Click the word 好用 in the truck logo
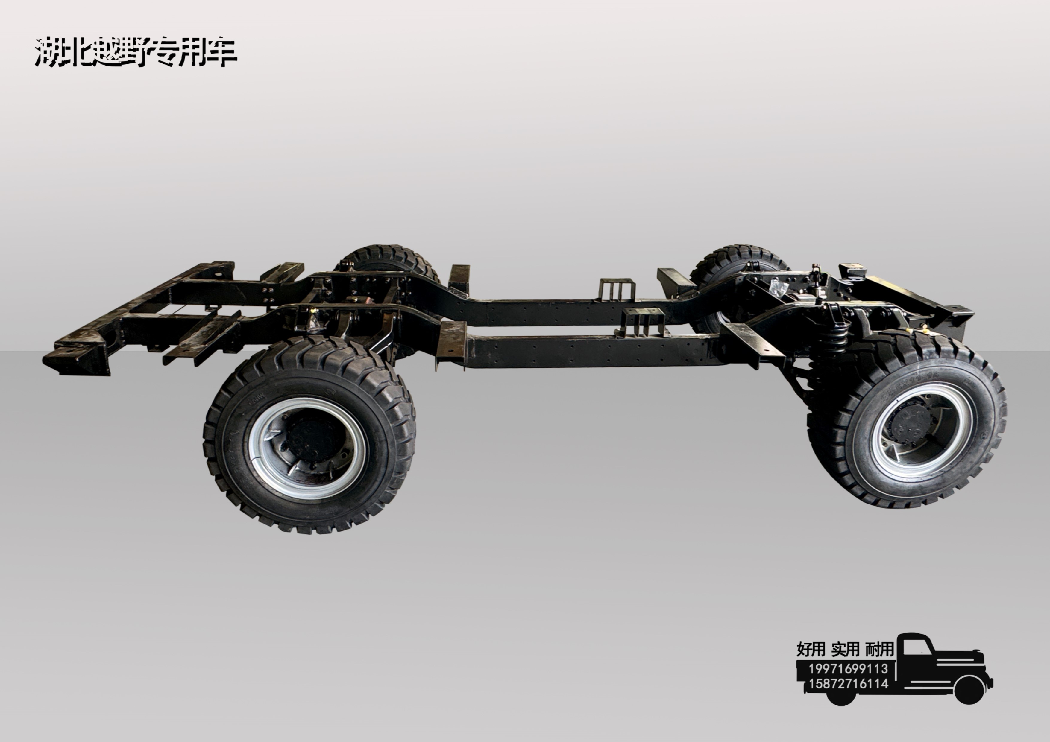coord(811,649)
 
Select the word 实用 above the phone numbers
coord(846,649)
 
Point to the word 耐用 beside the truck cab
coord(879,649)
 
